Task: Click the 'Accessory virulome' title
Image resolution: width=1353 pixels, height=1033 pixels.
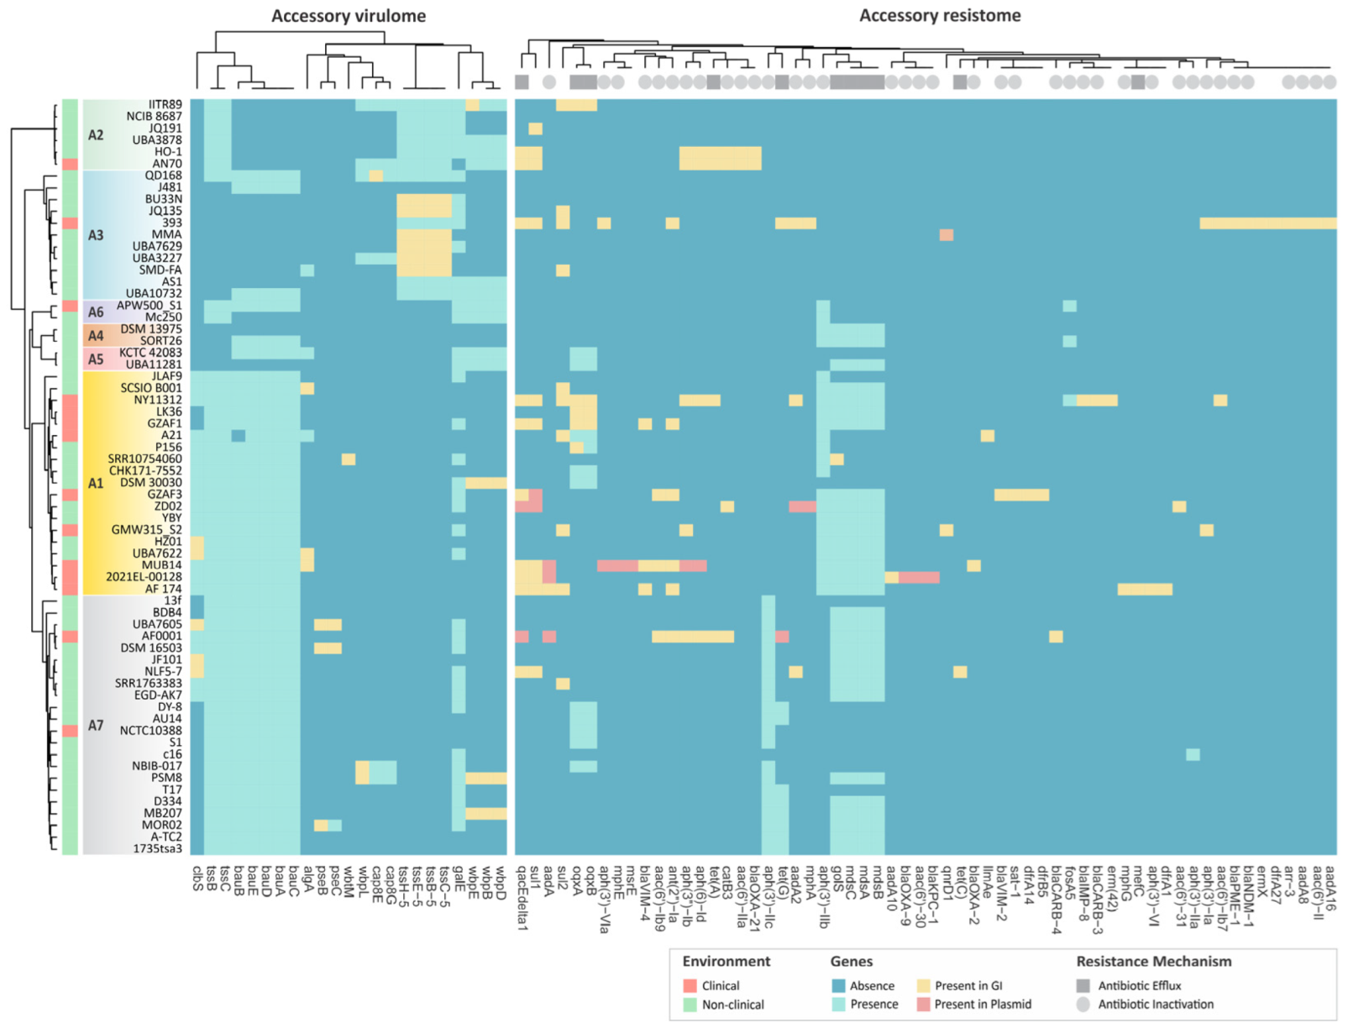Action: [x=348, y=16]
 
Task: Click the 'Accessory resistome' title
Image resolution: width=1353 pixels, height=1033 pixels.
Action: [x=939, y=15]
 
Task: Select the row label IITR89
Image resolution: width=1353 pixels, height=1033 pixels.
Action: [x=165, y=104]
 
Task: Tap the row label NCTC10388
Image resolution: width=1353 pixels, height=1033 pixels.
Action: [x=150, y=730]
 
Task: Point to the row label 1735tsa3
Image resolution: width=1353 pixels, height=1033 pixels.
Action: [x=157, y=848]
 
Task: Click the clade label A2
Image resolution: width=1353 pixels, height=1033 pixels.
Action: [x=96, y=134]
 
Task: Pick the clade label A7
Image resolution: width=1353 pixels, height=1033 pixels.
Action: [x=96, y=725]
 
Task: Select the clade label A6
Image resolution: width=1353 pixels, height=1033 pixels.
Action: [x=96, y=312]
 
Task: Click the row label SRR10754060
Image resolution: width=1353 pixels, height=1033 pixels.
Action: [x=144, y=459]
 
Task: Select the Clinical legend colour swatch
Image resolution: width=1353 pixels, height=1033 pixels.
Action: [x=690, y=986]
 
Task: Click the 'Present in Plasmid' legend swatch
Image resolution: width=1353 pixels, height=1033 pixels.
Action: [x=923, y=1004]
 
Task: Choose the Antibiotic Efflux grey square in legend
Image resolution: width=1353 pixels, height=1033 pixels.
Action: [x=1083, y=986]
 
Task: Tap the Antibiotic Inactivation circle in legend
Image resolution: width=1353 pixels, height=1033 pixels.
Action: [x=1083, y=1004]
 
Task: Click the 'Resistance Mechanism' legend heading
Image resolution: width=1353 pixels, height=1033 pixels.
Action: [x=1153, y=962]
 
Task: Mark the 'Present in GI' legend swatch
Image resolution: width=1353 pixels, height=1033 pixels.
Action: [x=923, y=986]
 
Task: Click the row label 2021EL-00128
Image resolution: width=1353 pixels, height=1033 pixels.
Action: [x=144, y=577]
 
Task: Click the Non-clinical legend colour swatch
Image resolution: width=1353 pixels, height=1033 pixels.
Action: [x=690, y=1004]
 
